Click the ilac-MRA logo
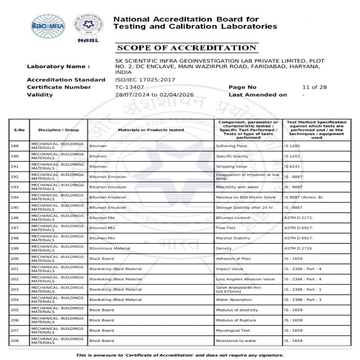[x=47, y=26]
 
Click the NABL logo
[x=88, y=27]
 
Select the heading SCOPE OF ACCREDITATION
[x=186, y=48]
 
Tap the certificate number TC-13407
[x=130, y=87]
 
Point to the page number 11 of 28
[x=314, y=87]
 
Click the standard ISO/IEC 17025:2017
[x=145, y=80]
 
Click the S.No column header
[x=19, y=130]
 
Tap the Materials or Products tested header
[x=151, y=130]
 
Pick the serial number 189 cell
[x=14, y=146]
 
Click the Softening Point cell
[x=231, y=146]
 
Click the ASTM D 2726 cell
[x=298, y=248]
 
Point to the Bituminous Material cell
[x=110, y=248]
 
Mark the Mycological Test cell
[x=233, y=330]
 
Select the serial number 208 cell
[x=14, y=341]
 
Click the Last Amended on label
[x=257, y=95]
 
